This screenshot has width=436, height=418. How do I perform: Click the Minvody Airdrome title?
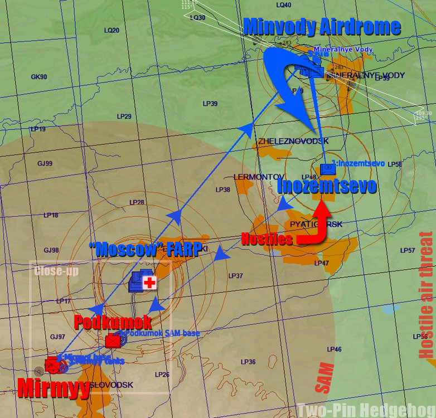[x=322, y=26]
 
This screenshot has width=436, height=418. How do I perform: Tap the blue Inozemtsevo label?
[x=327, y=186]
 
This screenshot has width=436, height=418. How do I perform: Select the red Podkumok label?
[x=113, y=322]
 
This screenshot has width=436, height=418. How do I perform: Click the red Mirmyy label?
[x=54, y=387]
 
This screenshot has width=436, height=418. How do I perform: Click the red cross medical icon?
[x=149, y=283]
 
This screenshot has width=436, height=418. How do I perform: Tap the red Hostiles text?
[x=267, y=240]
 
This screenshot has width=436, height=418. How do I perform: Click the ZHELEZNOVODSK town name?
[x=293, y=140]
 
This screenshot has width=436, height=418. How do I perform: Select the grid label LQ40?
[x=284, y=5]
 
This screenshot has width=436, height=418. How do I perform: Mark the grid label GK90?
[x=39, y=77]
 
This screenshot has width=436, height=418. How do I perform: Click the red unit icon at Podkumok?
[x=113, y=340]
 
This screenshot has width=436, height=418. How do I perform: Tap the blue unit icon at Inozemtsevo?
[x=327, y=168]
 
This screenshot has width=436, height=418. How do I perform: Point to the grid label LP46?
[x=334, y=349]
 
